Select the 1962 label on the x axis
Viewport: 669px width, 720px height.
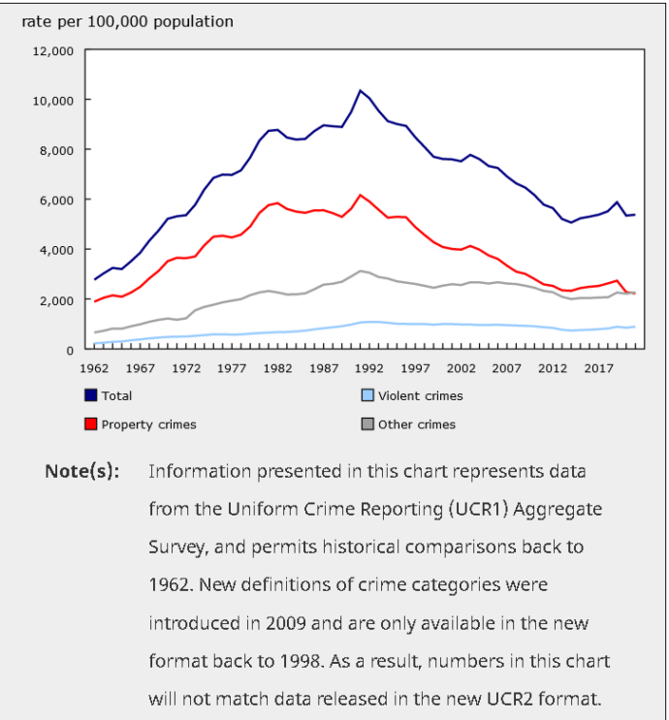point(94,368)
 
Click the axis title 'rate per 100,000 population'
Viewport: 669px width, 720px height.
point(128,21)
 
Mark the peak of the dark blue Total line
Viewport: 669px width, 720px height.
point(360,91)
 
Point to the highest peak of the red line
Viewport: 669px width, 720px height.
point(360,195)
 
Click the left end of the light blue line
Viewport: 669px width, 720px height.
point(95,344)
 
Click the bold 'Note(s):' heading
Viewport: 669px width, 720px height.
point(82,471)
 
